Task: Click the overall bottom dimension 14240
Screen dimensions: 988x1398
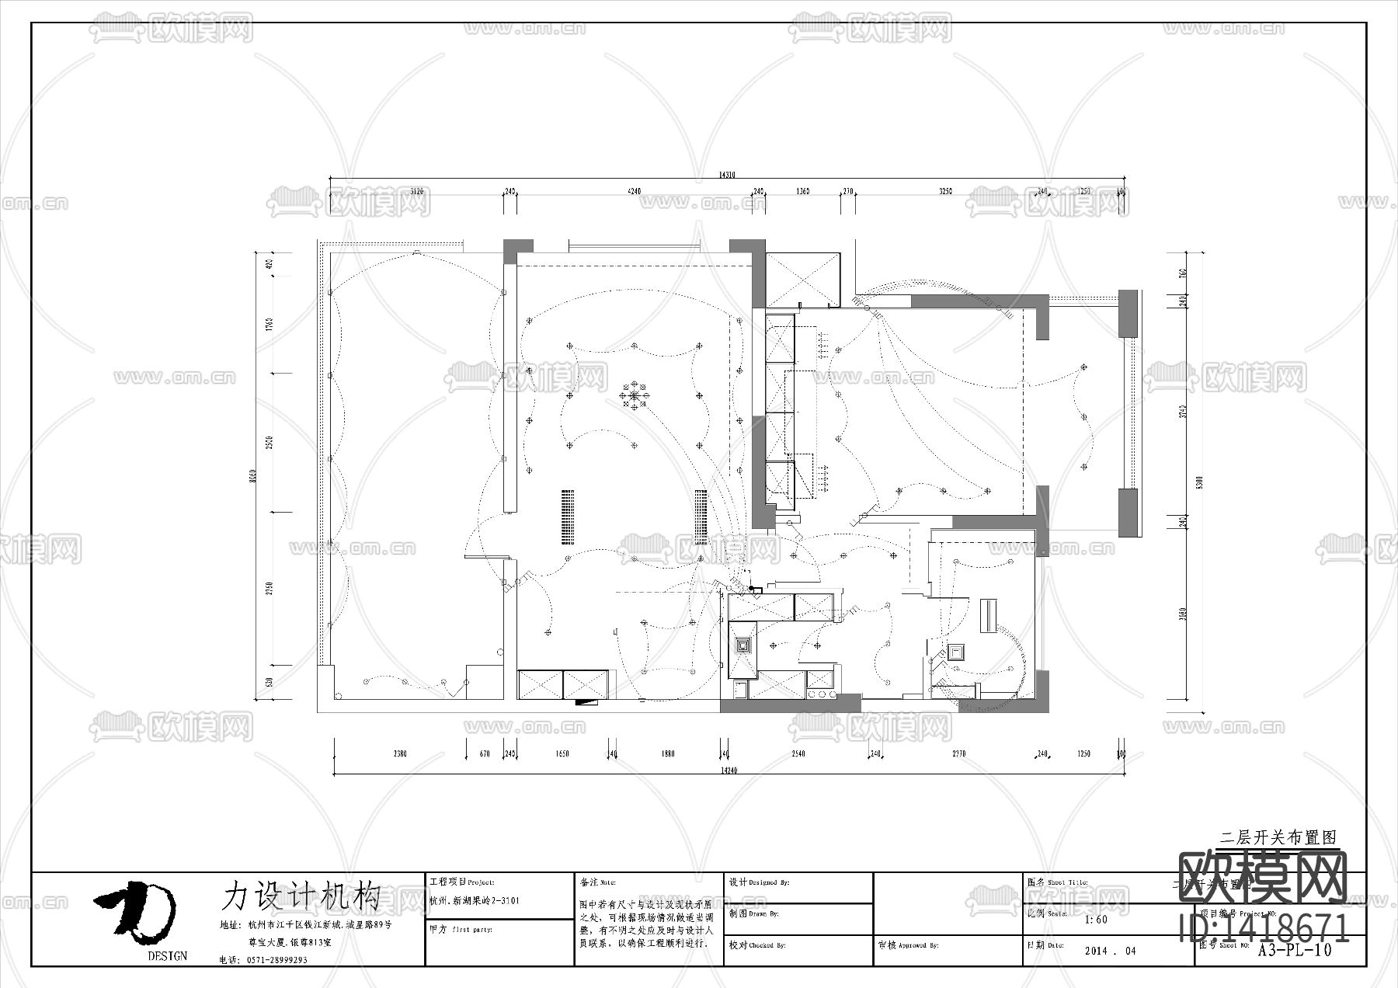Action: point(728,770)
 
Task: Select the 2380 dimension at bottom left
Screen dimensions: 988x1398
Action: point(399,753)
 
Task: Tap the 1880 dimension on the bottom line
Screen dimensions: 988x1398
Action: point(667,753)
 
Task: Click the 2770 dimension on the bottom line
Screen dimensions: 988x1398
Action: point(958,753)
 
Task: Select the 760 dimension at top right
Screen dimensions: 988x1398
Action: point(1183,274)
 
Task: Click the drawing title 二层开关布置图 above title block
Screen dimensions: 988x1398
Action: point(1278,837)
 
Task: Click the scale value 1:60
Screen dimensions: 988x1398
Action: point(1096,920)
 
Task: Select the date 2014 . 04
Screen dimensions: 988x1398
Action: point(1110,951)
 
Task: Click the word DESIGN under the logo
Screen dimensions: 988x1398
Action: point(167,956)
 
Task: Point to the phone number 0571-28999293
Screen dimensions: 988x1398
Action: point(277,960)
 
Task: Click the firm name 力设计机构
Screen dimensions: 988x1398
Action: point(301,897)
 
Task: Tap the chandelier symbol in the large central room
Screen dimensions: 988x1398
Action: point(635,395)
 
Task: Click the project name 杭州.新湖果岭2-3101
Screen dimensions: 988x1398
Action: point(474,901)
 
